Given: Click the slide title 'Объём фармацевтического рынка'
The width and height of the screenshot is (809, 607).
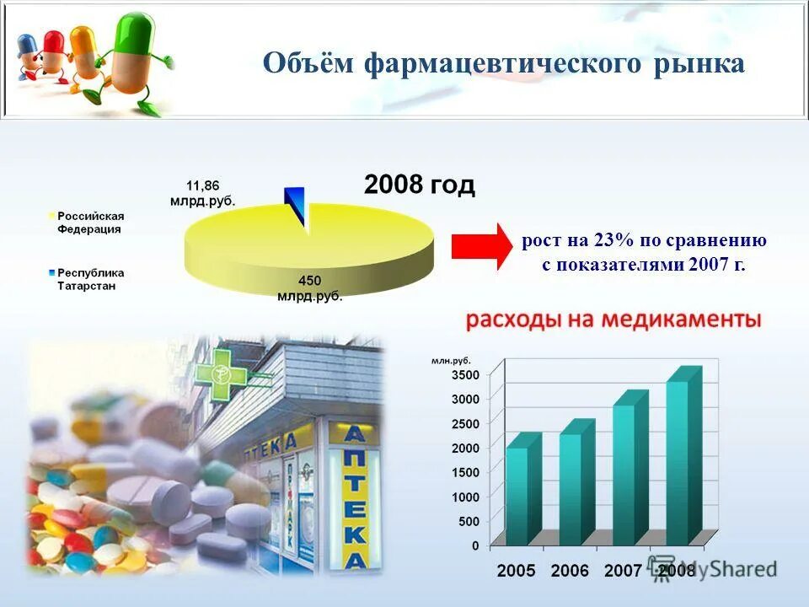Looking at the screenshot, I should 503,64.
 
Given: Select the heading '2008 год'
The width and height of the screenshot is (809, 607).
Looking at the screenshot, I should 419,185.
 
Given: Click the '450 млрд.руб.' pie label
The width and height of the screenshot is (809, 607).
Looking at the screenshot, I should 309,288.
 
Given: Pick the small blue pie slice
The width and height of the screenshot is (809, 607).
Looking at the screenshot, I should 295,205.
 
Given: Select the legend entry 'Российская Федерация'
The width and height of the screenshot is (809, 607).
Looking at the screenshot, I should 89,223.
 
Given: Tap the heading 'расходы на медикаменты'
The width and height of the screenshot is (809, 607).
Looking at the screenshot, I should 613,320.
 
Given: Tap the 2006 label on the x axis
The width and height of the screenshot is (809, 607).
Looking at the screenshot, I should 570,571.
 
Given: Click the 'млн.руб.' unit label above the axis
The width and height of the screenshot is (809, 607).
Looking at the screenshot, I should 451,360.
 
